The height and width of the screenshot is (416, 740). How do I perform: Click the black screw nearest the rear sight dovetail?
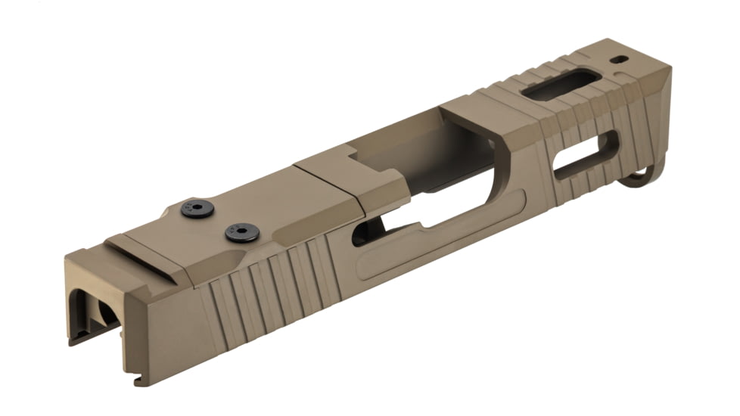[x=197, y=209]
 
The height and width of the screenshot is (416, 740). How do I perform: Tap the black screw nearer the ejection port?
[x=241, y=232]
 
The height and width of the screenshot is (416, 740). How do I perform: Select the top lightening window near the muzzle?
[x=561, y=85]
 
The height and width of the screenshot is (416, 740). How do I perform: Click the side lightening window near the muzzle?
[x=586, y=155]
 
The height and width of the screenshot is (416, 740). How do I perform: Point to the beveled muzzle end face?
[x=658, y=113]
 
